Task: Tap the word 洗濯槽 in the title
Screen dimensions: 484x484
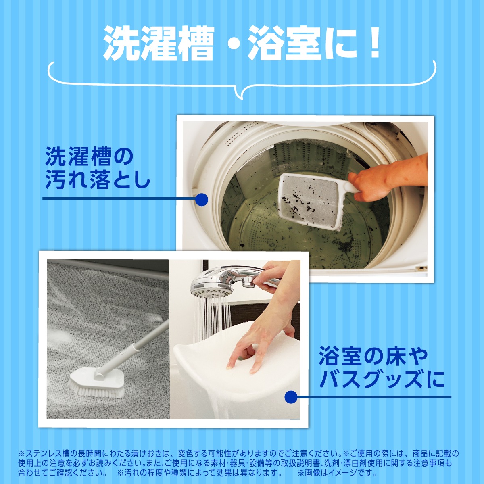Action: pos(159,44)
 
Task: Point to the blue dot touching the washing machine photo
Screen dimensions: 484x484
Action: pos(201,200)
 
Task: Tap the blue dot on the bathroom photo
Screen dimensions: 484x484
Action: pos(291,397)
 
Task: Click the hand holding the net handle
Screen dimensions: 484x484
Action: pos(387,178)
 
